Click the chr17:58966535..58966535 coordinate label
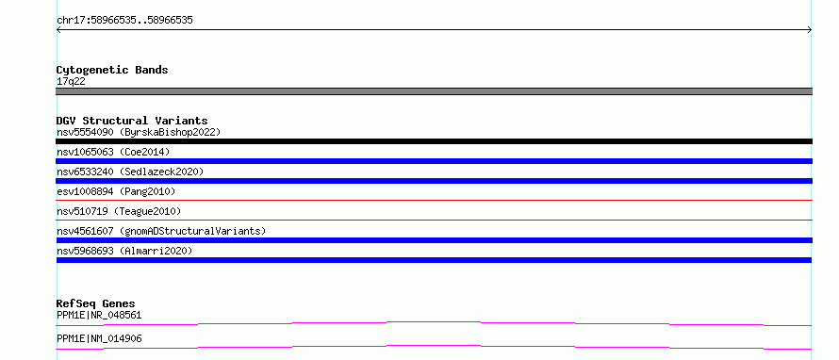tap(124, 21)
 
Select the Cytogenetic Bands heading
tap(112, 70)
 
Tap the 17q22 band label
tap(71, 82)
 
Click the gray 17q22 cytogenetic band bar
tap(434, 91)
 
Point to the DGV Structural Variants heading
tap(132, 121)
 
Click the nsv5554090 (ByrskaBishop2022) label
tap(139, 132)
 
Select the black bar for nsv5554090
tap(434, 141)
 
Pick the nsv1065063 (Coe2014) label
tap(113, 152)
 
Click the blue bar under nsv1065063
tap(434, 161)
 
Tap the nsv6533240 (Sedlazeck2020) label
tap(130, 172)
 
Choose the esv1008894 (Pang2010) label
tap(116, 191)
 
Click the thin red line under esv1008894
tap(434, 200)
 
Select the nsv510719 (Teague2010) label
tap(119, 211)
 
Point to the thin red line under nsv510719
tap(434, 220)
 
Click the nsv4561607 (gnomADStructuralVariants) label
tap(161, 231)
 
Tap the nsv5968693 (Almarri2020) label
tap(124, 251)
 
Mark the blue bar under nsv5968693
tap(434, 260)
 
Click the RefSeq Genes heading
tap(96, 303)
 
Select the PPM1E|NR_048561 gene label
tap(99, 315)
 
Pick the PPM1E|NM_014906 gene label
tap(99, 338)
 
